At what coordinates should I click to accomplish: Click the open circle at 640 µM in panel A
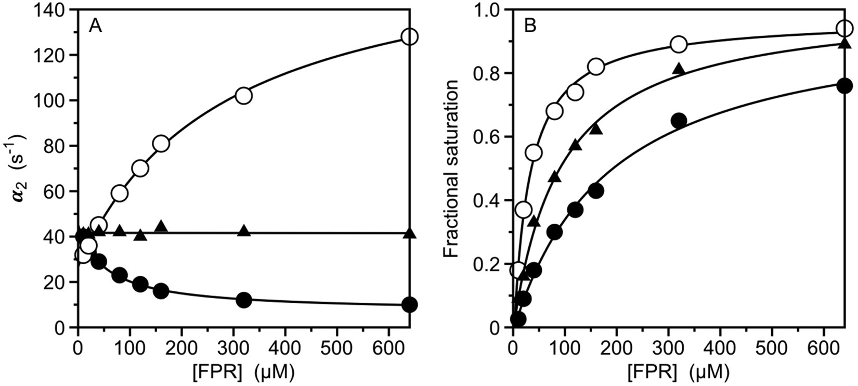click(409, 37)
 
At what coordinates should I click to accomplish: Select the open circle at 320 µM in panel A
click(243, 96)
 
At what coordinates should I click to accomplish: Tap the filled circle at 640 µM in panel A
click(409, 305)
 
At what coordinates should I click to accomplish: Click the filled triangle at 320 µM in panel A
click(243, 230)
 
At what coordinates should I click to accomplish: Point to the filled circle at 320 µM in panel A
click(243, 300)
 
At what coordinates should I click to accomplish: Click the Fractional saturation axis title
click(451, 169)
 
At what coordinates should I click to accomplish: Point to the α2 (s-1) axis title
click(21, 169)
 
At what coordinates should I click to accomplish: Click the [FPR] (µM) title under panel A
click(243, 371)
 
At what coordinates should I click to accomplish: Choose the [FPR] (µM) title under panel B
click(678, 371)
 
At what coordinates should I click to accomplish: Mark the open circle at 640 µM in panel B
click(844, 29)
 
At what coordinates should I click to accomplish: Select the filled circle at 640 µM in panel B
click(844, 86)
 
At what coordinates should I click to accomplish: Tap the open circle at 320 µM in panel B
click(679, 44)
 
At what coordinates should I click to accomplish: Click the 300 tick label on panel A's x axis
click(233, 345)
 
